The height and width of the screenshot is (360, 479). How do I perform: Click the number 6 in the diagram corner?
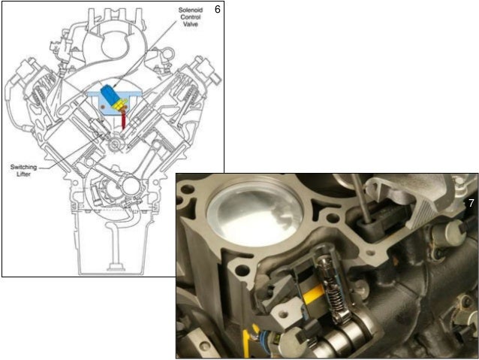point(217,10)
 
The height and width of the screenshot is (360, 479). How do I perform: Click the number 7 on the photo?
point(471,203)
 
